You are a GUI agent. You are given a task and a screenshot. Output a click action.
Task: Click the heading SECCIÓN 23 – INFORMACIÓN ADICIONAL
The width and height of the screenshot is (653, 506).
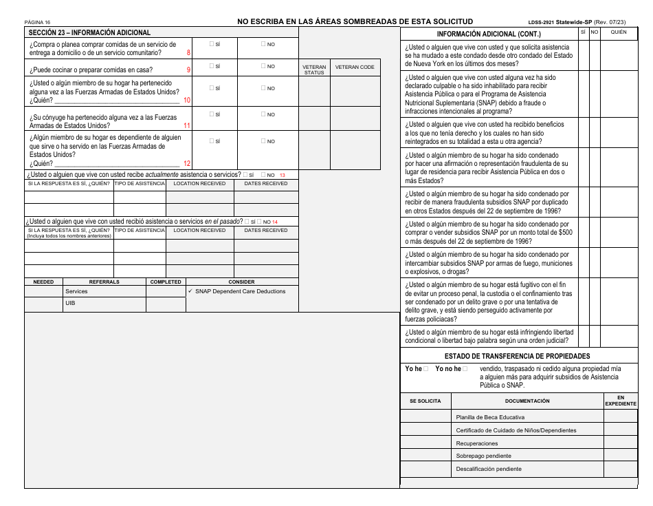coord(89,32)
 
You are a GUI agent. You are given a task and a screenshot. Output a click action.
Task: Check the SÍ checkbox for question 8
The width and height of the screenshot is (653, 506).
coord(212,44)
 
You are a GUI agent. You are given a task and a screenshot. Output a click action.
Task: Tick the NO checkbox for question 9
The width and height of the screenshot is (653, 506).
coord(263,67)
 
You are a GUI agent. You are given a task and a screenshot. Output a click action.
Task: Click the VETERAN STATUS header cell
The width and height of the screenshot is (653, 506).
coord(314,70)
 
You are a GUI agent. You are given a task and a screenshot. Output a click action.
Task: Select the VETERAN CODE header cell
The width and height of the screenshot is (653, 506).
coord(355,67)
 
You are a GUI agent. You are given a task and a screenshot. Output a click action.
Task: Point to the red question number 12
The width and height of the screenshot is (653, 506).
coord(187,164)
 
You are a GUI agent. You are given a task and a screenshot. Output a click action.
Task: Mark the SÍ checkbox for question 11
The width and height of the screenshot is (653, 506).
coord(212,114)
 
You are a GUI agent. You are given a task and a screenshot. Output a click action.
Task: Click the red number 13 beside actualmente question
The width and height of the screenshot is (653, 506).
coord(282,175)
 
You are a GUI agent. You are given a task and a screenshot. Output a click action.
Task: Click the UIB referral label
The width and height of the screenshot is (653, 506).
coord(71,304)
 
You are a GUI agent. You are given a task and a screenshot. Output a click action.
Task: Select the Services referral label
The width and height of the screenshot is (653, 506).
coord(76,291)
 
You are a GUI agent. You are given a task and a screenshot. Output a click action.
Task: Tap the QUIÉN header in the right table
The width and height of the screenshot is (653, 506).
coord(619,32)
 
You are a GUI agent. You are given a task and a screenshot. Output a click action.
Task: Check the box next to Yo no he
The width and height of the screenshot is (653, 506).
coord(465,369)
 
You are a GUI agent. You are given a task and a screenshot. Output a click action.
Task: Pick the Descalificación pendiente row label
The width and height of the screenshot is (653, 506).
coord(489,469)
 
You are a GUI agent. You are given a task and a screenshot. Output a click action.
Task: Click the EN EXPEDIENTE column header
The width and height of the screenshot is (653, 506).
coord(620,401)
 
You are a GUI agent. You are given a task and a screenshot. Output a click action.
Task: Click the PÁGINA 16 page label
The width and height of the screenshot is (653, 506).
coord(37,22)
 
